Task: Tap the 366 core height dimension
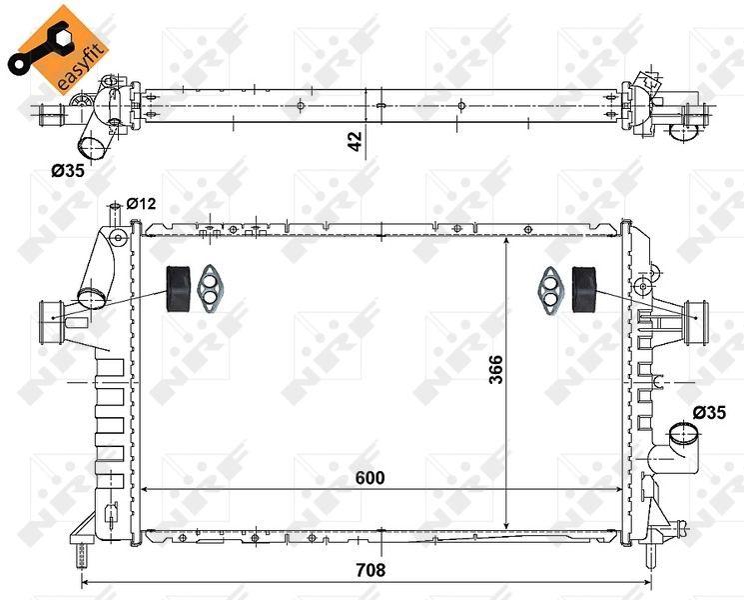[x=496, y=369]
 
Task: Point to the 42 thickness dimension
[x=355, y=141]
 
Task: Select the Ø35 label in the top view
[x=68, y=170]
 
